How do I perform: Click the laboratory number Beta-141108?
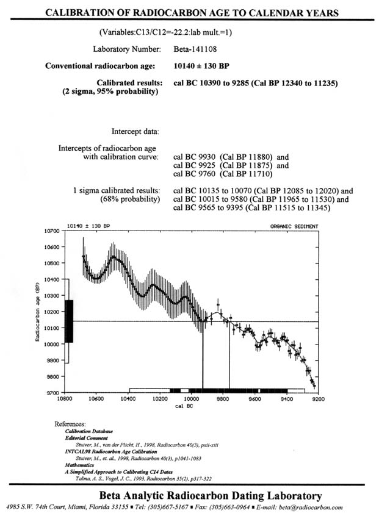coord(195,49)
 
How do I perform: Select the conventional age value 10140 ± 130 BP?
coord(201,66)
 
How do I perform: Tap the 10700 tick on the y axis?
coord(52,231)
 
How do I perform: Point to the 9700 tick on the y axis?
coord(52,393)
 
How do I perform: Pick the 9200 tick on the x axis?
coord(319,399)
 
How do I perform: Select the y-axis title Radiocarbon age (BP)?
coord(37,312)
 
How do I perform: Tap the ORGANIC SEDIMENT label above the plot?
coord(294,226)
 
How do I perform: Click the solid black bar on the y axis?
coord(69,321)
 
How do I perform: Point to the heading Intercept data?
coord(135,132)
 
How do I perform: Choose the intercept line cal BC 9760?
coord(223,174)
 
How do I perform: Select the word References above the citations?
coord(70,424)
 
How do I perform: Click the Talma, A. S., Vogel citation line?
coord(143,479)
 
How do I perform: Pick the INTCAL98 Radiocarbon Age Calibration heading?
coord(111,451)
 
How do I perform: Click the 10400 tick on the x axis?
coord(128,399)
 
